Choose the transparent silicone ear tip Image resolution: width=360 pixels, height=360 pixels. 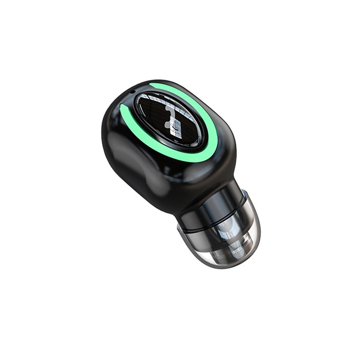click(x=226, y=230)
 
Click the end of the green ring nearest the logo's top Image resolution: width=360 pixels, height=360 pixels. click(x=151, y=86)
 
